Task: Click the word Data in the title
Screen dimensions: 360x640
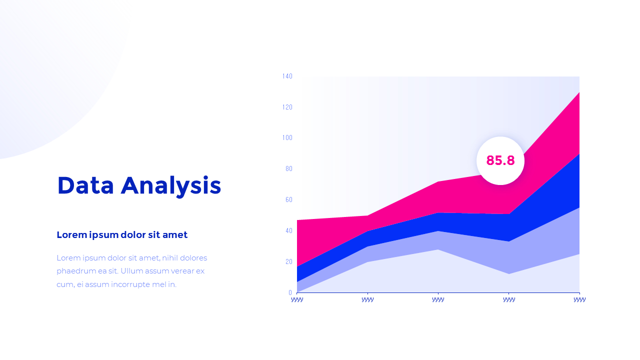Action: click(x=85, y=185)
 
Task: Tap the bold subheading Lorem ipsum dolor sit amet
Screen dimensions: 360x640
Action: click(x=122, y=234)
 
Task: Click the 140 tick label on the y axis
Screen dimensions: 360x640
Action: click(x=287, y=76)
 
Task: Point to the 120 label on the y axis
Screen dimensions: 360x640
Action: click(x=287, y=107)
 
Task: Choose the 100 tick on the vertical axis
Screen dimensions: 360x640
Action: click(x=287, y=138)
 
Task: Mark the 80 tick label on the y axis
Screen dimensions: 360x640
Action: click(x=288, y=169)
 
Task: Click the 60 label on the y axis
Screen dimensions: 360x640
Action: click(x=288, y=200)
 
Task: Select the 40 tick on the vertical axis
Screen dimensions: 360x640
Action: click(x=288, y=230)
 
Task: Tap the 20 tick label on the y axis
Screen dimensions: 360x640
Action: click(x=288, y=261)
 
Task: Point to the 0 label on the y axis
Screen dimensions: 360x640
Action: click(x=290, y=292)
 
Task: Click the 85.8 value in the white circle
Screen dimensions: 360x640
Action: click(x=500, y=160)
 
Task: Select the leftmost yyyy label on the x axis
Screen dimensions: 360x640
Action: click(x=297, y=299)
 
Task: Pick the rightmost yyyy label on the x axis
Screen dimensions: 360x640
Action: click(x=579, y=299)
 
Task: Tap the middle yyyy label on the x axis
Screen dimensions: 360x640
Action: click(x=438, y=299)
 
